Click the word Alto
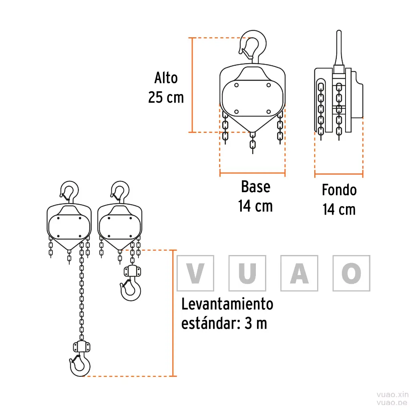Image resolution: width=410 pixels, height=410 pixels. [166, 78]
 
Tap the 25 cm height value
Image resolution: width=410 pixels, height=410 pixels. [166, 97]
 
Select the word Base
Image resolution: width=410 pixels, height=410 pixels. [256, 187]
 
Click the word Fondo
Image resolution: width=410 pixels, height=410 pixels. [339, 190]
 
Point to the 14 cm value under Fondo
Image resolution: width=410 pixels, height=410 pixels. [339, 209]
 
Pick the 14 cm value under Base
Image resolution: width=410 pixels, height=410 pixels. [255, 206]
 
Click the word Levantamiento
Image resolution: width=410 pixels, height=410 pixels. [227, 304]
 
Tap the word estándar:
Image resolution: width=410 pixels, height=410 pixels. [211, 324]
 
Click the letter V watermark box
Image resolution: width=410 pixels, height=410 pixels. [195, 273]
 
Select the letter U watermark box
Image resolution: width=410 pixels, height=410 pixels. [247, 273]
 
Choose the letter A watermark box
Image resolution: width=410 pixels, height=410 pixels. [299, 273]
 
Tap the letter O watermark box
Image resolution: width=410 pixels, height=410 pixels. [352, 273]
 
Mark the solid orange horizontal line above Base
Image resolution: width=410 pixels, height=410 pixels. [252, 173]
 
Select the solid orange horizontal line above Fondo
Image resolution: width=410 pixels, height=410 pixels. [339, 174]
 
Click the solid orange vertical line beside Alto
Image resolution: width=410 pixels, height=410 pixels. [192, 85]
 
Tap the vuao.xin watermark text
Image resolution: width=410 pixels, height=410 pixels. [392, 395]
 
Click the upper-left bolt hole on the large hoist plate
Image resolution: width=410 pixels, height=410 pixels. [236, 85]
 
